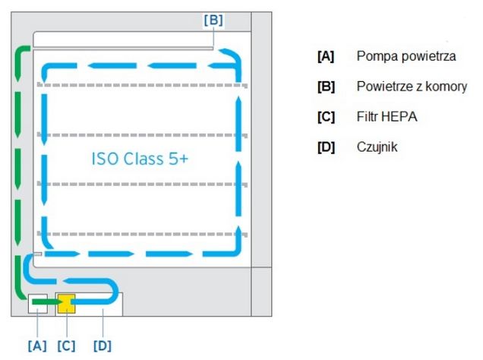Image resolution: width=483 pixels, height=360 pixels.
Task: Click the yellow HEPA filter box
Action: [x=65, y=304]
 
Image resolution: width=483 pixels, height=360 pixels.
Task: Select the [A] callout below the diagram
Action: [x=36, y=345]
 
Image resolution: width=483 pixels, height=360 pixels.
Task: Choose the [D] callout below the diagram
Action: [x=102, y=345]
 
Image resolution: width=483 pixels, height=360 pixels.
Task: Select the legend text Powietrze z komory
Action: [x=412, y=87]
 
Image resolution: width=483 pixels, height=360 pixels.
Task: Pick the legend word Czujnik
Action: [x=377, y=147]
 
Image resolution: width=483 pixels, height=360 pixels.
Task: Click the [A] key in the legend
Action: [x=326, y=56]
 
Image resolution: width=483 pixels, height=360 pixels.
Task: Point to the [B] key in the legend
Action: [x=326, y=87]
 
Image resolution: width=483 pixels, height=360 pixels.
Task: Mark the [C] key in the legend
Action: [x=326, y=117]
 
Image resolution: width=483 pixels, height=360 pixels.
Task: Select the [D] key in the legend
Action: [x=326, y=147]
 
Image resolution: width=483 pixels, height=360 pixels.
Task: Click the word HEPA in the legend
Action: [x=402, y=117]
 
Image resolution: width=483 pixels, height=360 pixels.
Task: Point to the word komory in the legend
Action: [x=445, y=87]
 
